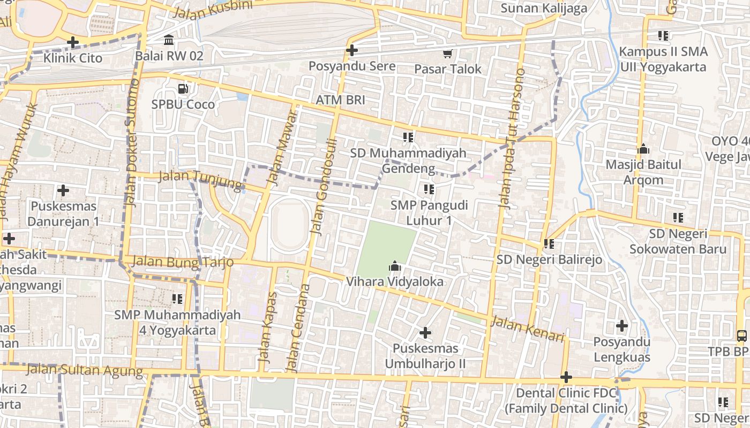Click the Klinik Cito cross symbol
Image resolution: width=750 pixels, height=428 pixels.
(73, 42)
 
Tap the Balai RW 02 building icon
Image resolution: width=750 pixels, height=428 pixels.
(169, 40)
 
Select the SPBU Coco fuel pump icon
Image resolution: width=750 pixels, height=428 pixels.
(183, 88)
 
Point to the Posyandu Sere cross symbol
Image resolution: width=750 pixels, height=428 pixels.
(352, 51)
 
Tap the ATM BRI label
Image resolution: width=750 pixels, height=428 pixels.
(340, 100)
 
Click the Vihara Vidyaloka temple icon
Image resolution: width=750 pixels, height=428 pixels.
(395, 266)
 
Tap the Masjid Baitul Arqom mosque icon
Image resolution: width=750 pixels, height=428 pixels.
(643, 149)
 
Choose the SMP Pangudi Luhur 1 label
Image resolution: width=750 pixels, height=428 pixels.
(429, 212)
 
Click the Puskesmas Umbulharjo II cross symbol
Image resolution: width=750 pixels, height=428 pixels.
(425, 333)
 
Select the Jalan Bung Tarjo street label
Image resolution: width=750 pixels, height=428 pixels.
(182, 262)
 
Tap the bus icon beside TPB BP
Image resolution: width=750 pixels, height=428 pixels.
(742, 336)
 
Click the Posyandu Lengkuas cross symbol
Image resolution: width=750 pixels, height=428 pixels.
(622, 326)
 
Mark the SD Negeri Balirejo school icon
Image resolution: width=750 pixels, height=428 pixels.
(549, 244)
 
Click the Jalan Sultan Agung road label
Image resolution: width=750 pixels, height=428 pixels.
(84, 370)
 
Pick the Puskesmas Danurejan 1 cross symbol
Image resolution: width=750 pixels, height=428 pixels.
(63, 190)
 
